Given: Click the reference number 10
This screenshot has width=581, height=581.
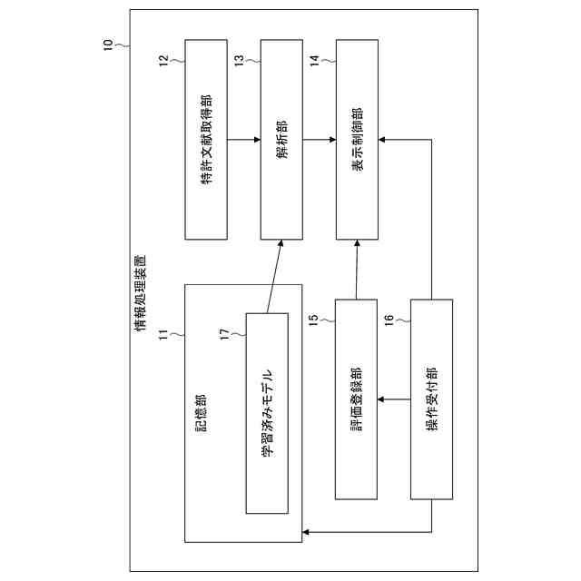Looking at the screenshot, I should coord(109,42).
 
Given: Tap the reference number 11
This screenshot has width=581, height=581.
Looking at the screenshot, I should coord(163,335).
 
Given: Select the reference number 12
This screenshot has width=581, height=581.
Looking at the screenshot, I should coord(163,61).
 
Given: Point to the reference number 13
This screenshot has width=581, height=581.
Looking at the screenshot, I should coord(239,61).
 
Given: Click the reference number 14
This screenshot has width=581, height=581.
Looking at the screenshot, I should coord(314,61).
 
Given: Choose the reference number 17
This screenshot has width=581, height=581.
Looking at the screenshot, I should coord(226,335).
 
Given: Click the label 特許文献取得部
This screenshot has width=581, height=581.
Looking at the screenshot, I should coord(206,140).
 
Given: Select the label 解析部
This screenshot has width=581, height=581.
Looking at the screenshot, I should coord(281,140).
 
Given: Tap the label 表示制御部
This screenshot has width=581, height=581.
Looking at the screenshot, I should coord(357,140).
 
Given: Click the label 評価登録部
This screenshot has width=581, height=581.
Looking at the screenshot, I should coord(357,399).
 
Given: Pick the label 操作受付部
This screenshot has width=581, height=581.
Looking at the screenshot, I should coord(432,399).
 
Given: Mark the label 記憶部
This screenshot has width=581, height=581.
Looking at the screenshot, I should coord(202,413).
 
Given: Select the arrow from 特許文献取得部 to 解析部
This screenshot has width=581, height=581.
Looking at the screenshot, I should coord(243,140).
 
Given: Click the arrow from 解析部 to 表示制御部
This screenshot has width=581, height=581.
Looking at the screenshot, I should coord(319,140).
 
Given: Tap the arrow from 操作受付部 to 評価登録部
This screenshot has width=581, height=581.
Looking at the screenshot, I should coord(395,399).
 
